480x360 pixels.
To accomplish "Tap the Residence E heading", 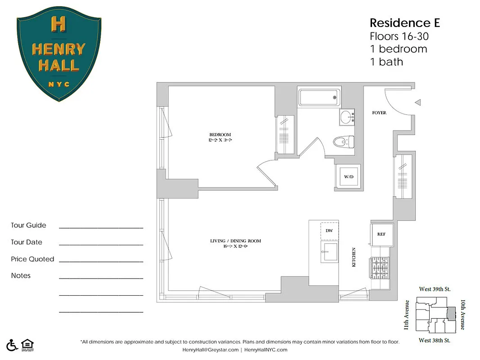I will point(398,22).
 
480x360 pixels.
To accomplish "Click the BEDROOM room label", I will point(220,135).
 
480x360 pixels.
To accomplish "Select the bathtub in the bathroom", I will point(318,97).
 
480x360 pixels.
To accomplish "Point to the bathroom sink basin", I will point(346,118).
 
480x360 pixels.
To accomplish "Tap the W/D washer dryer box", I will point(349,177).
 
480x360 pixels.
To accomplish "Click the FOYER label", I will point(379,112).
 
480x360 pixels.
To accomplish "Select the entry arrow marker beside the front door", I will point(417,103).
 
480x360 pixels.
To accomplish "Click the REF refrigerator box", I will point(381,234).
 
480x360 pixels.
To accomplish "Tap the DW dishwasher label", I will point(329,230).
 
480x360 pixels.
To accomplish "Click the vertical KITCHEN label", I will point(354,258).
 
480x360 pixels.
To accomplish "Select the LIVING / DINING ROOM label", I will point(235,241).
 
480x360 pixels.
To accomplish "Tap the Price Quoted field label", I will point(32,259).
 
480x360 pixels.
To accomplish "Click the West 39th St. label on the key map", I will point(435,288).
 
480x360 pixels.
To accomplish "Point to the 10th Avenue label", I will point(462,315).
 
